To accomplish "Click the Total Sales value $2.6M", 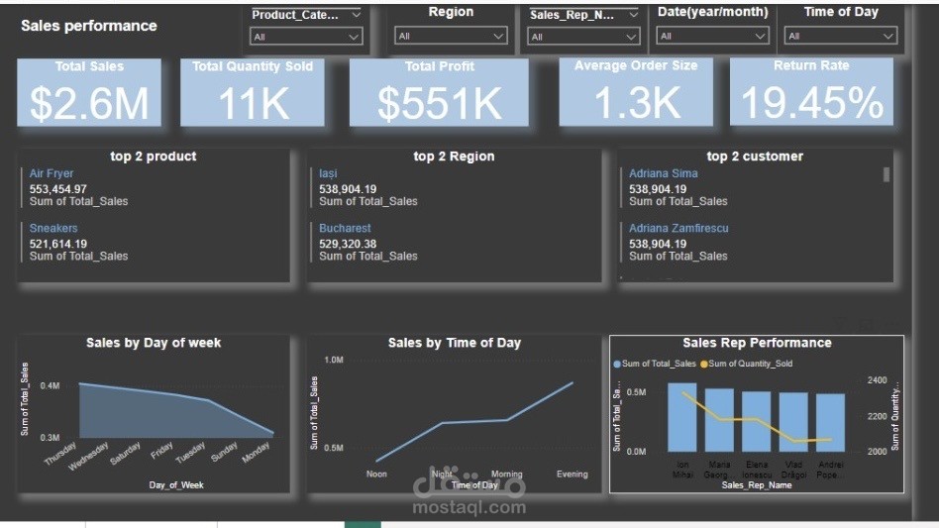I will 89,103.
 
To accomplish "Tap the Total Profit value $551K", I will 440,103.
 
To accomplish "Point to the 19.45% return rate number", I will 811,103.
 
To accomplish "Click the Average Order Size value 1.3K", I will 636,103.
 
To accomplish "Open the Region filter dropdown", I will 451,37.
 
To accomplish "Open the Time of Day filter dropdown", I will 840,37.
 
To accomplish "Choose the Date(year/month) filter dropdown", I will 713,37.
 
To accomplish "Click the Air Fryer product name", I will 52,173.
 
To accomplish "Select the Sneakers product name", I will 53,228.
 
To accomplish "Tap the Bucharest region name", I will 345,228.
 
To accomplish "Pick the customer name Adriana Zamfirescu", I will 678,228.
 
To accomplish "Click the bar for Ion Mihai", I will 682,417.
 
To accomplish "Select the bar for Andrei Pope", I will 830,422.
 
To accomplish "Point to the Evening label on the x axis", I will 573,474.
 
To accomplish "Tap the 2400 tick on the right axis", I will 877,380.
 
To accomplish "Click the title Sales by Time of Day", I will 454,343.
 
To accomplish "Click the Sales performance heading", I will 89,26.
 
